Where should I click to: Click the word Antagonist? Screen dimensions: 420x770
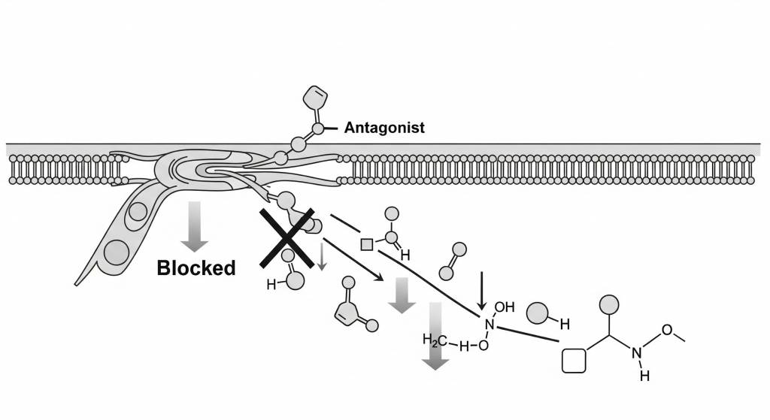384,128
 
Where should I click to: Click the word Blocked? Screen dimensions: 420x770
196,267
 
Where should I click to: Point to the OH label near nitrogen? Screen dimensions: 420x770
506,307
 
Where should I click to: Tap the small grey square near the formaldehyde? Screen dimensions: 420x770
367,243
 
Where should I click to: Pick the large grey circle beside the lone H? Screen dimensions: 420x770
537,313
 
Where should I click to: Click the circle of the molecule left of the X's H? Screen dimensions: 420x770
295,279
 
